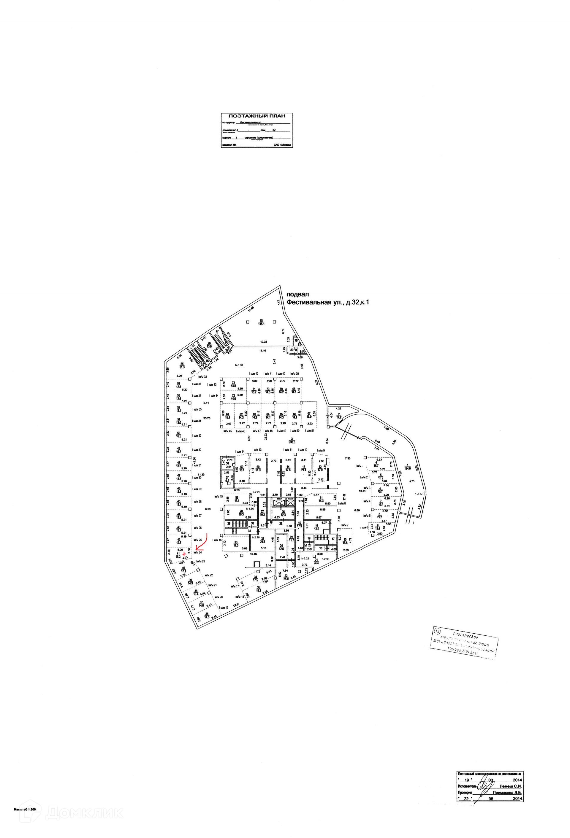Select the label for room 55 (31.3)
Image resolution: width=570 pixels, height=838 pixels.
click(182, 365)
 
